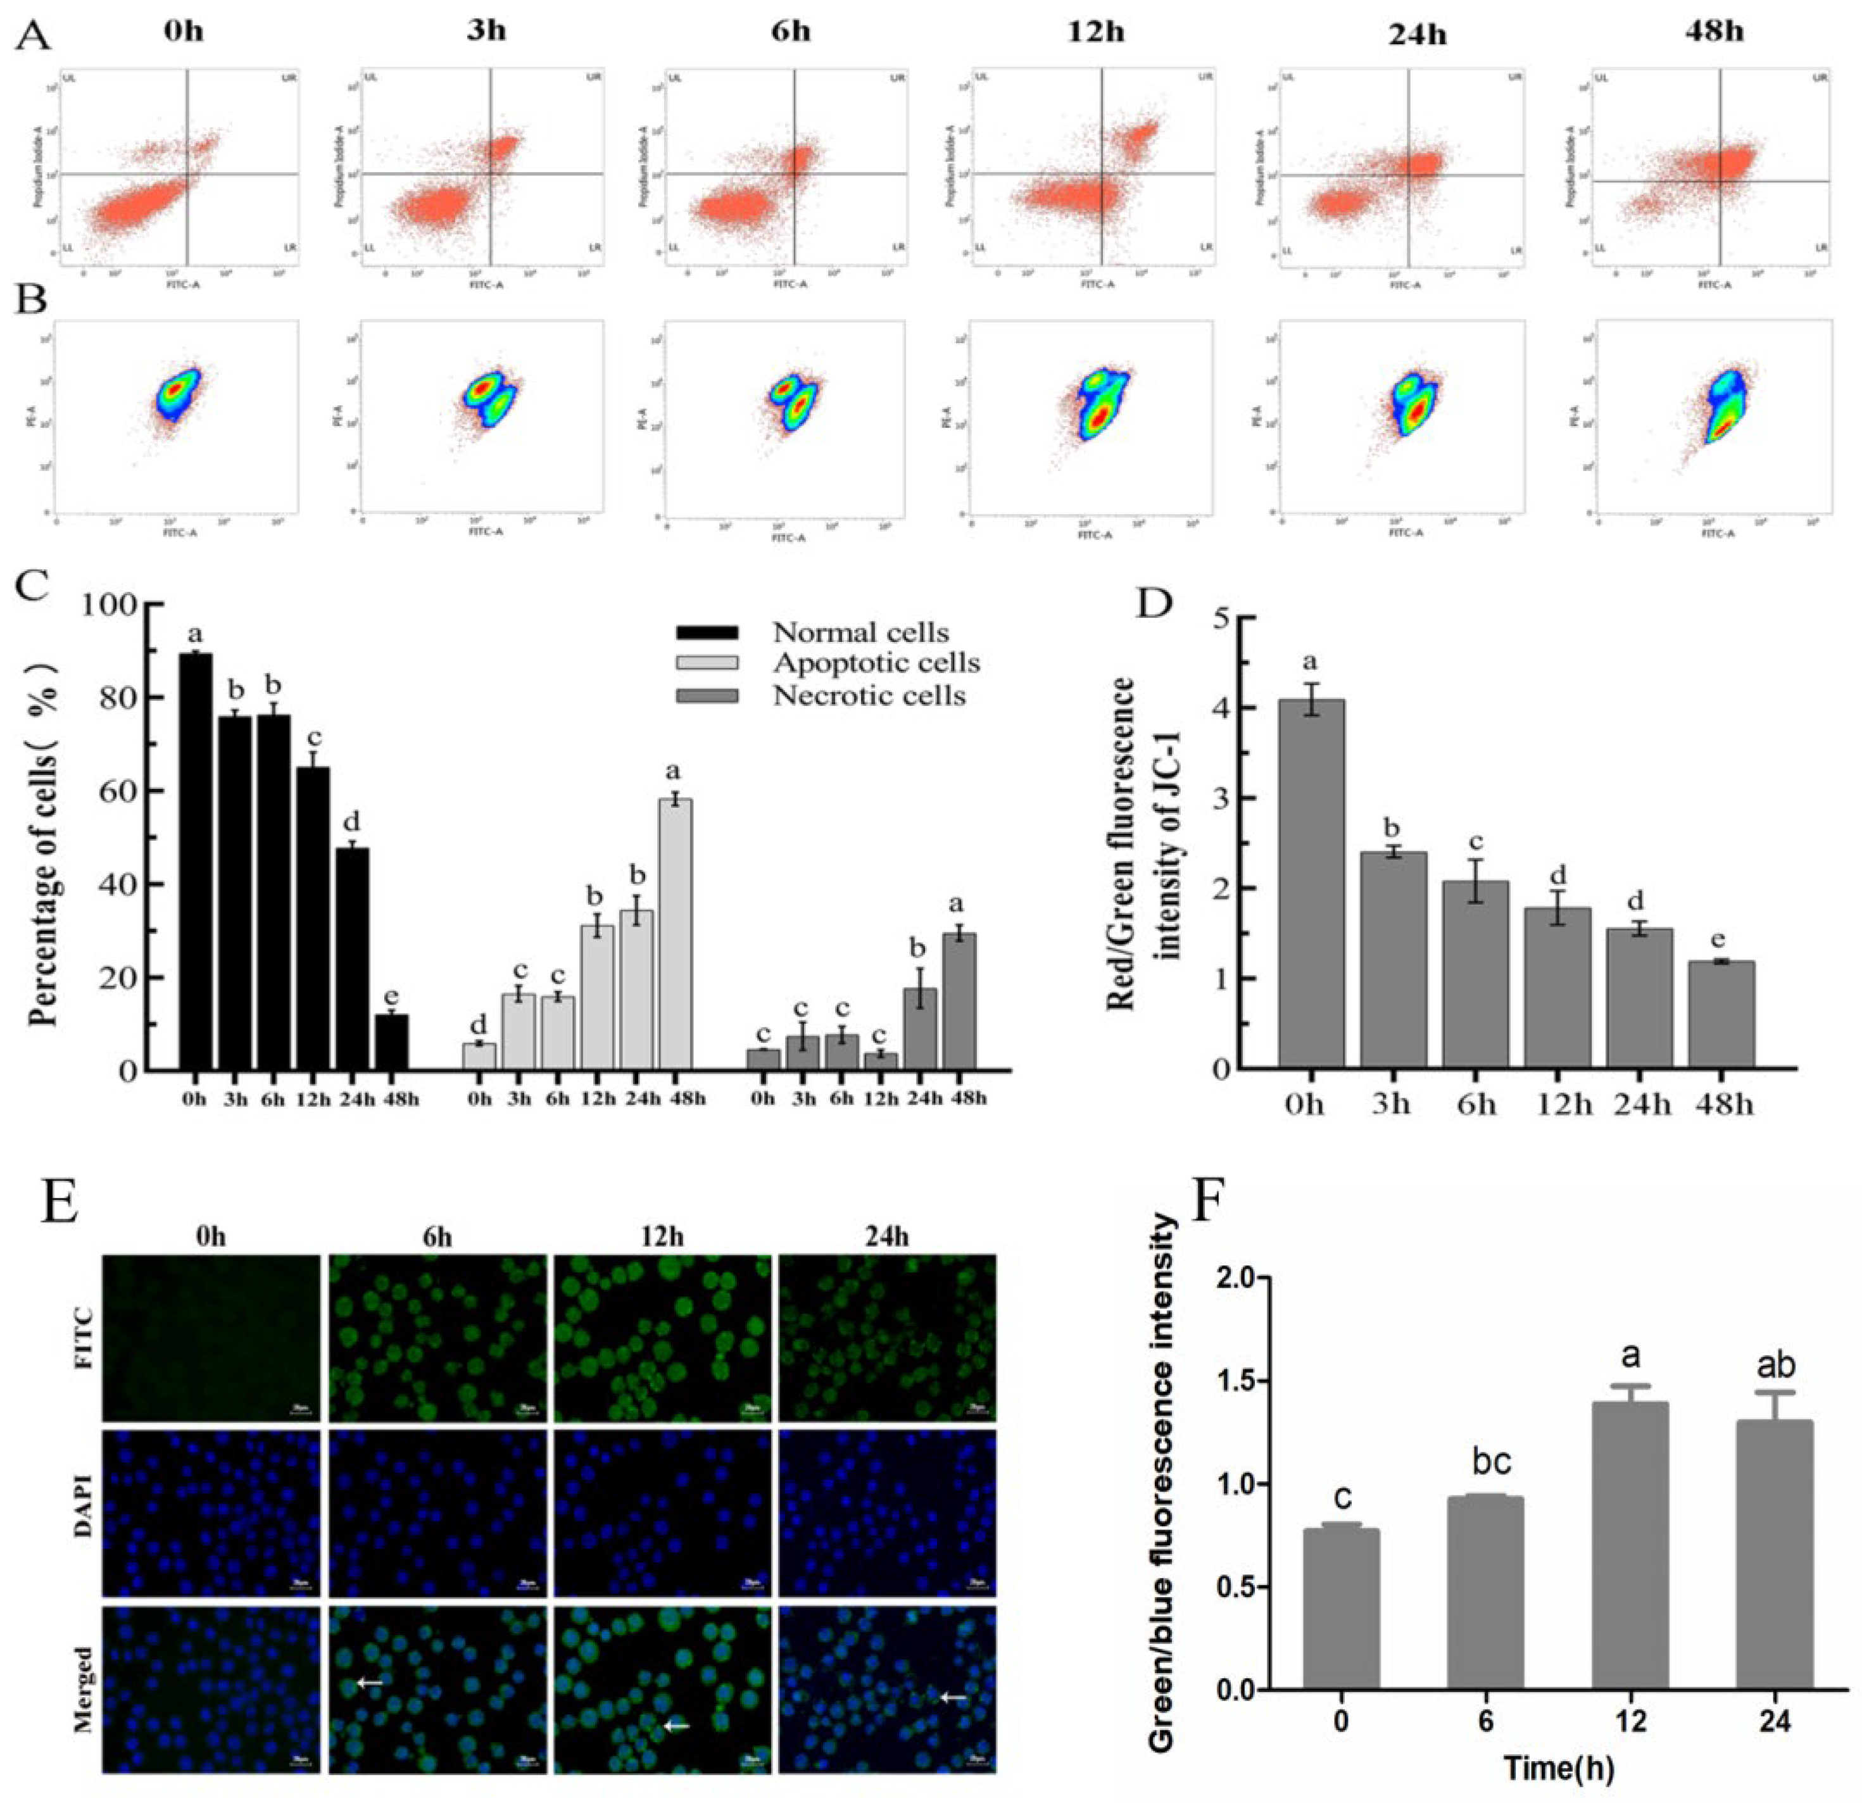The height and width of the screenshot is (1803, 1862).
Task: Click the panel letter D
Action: point(1156,604)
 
